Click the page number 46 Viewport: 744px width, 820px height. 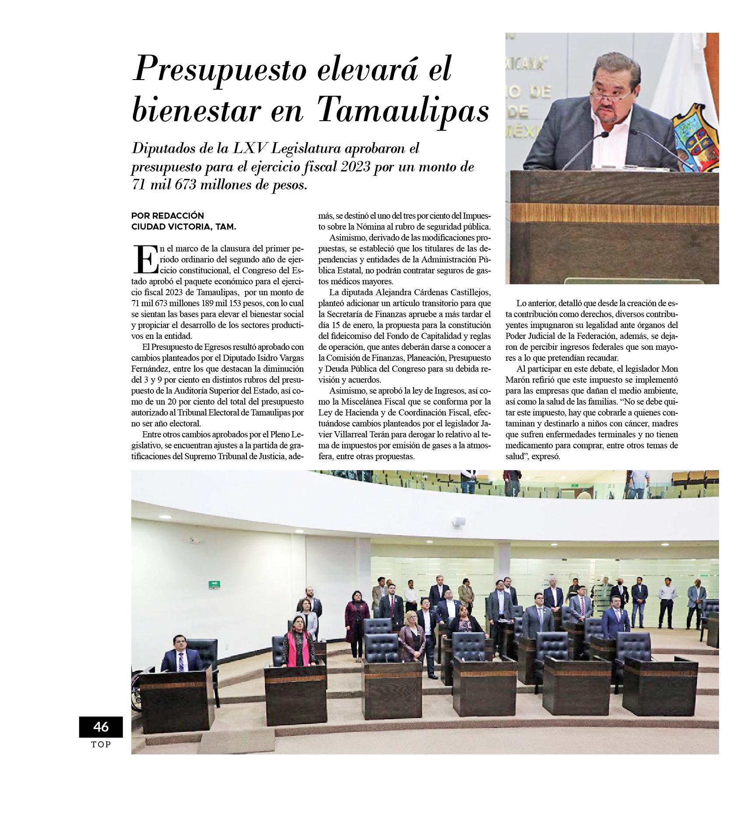101,726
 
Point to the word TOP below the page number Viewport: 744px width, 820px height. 101,744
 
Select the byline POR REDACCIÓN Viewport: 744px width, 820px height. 168,216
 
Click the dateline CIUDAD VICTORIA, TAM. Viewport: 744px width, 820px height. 184,227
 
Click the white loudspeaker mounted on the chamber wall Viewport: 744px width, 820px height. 459,521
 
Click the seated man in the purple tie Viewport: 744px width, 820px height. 180,655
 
